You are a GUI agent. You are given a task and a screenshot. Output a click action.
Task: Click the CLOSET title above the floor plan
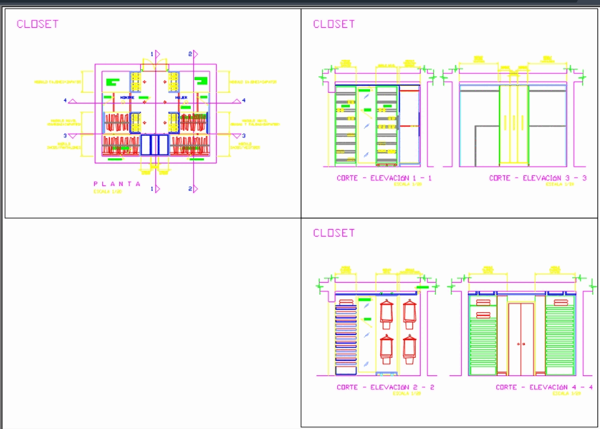coord(37,24)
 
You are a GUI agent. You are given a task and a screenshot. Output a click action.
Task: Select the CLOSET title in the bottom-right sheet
coord(333,233)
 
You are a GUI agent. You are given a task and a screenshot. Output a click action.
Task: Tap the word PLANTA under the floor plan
coord(117,184)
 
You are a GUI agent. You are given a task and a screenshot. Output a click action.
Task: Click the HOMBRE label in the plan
coord(127,98)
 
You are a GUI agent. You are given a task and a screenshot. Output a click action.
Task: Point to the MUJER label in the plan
coord(181,98)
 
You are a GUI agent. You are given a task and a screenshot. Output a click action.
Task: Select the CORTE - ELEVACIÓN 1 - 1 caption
coord(384,179)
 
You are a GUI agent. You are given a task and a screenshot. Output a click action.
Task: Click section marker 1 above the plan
coord(152,54)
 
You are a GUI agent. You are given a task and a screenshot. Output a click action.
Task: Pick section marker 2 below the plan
coord(190,189)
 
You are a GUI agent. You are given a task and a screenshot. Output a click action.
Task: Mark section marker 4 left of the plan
coord(66,100)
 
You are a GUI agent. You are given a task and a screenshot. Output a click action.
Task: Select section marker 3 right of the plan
coord(243,136)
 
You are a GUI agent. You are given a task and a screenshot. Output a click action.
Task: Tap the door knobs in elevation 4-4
coord(521,344)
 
